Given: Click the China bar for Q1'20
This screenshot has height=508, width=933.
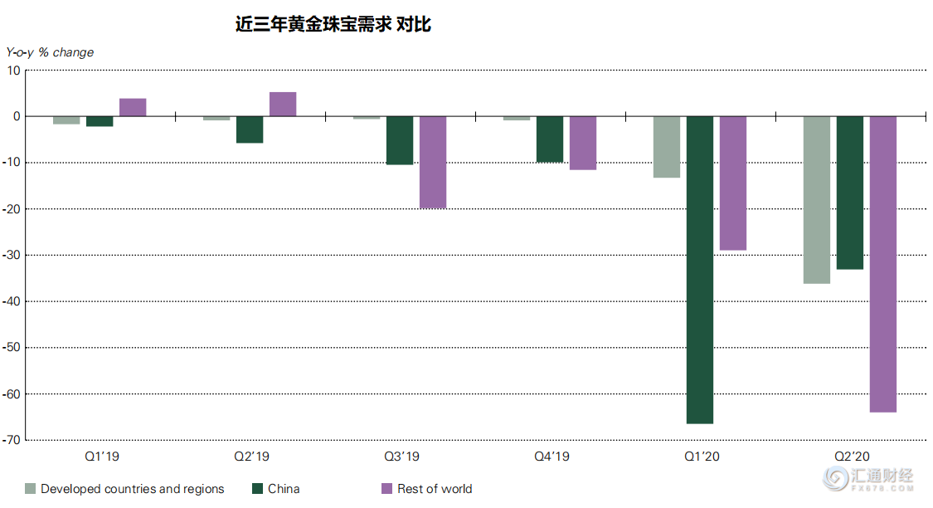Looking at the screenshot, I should pyautogui.click(x=699, y=270).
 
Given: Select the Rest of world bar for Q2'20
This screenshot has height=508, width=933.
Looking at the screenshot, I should pyautogui.click(x=882, y=264).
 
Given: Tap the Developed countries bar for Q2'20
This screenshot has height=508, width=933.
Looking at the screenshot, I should pyautogui.click(x=816, y=200).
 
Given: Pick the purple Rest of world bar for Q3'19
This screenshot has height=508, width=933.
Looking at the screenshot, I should pyautogui.click(x=433, y=162).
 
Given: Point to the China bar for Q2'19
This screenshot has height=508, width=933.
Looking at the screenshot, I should pyautogui.click(x=250, y=129).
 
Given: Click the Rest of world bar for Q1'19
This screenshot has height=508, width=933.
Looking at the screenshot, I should pyautogui.click(x=133, y=107).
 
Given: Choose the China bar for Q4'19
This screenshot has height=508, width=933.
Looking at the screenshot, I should pyautogui.click(x=550, y=139).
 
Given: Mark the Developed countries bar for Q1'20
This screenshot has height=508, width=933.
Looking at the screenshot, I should pyautogui.click(x=667, y=147).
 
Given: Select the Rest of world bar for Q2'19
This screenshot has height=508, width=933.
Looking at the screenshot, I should pyautogui.click(x=283, y=104).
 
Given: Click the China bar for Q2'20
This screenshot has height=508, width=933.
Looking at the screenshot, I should pyautogui.click(x=849, y=193).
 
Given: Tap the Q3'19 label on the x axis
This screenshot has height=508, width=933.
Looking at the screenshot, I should pyautogui.click(x=401, y=457).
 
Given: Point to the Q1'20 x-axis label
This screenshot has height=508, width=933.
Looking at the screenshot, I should pyautogui.click(x=701, y=457).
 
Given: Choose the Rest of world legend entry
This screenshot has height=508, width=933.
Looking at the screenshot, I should pyautogui.click(x=434, y=489).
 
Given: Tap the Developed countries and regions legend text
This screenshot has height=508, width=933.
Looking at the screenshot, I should pyautogui.click(x=132, y=489).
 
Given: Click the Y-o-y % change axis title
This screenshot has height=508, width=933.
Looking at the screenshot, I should pyautogui.click(x=50, y=52).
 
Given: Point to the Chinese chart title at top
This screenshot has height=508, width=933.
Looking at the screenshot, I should pyautogui.click(x=333, y=25).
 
